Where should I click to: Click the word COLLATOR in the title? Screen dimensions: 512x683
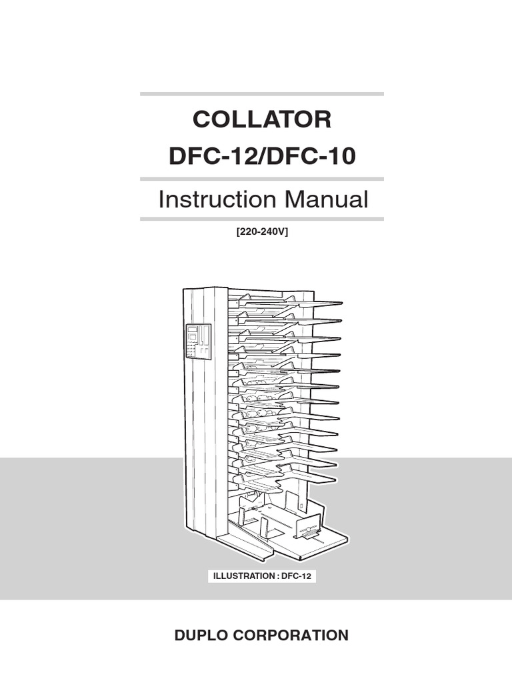262,120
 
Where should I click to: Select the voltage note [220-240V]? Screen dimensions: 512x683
262,232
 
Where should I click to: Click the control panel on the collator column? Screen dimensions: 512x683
198,341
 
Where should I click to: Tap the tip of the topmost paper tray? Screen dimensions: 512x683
338,305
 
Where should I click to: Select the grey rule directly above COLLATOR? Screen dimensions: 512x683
262,94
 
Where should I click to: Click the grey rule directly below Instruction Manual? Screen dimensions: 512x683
262,218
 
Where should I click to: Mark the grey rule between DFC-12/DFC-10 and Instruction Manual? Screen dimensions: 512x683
262,179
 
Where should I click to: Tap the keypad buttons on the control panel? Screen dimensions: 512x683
193,349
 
